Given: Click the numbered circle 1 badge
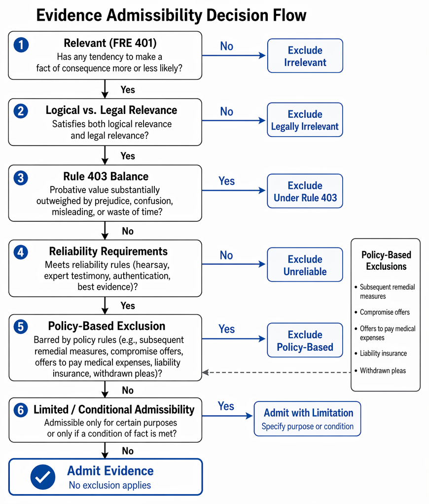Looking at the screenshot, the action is (x=21, y=45).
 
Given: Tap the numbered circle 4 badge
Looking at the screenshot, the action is (x=21, y=252).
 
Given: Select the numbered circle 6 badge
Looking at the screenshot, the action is (x=21, y=410).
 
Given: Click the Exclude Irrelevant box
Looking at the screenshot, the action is (x=305, y=56).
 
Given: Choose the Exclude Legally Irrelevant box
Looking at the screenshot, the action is (x=305, y=120).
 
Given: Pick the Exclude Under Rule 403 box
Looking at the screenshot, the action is (x=305, y=191).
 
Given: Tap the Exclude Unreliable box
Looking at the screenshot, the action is (x=305, y=265).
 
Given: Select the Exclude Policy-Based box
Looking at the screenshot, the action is (x=305, y=340).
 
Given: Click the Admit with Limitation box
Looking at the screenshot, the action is (x=308, y=419).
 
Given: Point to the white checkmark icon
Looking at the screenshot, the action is (x=43, y=477).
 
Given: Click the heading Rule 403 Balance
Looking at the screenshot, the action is (x=106, y=177).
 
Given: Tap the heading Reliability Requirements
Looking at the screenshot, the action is (x=108, y=252).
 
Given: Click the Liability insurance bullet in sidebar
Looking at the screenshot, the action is (x=381, y=353).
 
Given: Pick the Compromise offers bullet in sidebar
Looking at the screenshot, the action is (x=382, y=312).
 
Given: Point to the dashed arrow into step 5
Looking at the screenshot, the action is (x=276, y=372).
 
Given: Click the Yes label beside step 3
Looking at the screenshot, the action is (x=226, y=181).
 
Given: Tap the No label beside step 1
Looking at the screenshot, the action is (x=226, y=46).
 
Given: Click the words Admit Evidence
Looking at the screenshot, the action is (x=110, y=471).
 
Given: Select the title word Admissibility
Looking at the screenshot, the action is (x=154, y=15).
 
